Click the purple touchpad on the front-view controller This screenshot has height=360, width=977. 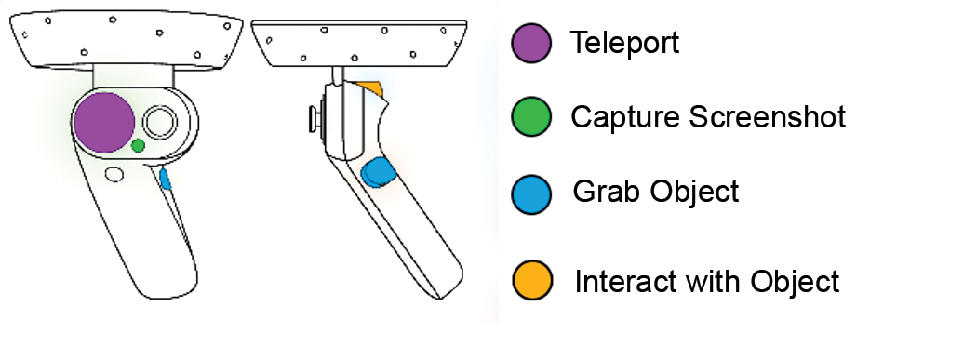point(104,122)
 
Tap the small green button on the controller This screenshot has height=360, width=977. point(139,145)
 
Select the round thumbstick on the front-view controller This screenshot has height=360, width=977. point(162,122)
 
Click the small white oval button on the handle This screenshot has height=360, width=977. point(115,174)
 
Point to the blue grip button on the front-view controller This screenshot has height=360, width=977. point(166,179)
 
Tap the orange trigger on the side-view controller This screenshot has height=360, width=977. point(371,87)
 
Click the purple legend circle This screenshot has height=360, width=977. point(532,44)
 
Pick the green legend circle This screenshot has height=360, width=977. point(532,117)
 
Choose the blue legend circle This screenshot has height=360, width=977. point(532,193)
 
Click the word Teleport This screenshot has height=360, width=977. point(624,43)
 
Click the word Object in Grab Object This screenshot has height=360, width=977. point(690,192)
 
